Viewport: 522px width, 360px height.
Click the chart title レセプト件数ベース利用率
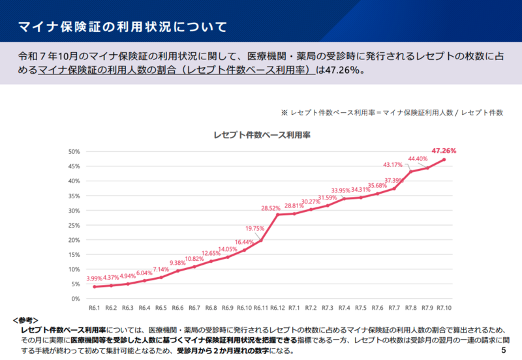[262, 135]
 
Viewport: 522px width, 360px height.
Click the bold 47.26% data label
[444, 151]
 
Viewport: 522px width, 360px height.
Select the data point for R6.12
[278, 215]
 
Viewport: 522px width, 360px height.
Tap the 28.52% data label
[271, 208]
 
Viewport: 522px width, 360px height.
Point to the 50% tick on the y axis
[74, 151]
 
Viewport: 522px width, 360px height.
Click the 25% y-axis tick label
[74, 225]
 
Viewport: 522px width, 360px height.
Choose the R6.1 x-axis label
[95, 308]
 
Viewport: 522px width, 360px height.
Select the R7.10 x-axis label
[444, 308]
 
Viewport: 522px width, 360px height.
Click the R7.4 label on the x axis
[344, 308]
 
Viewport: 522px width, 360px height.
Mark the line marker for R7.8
[411, 172]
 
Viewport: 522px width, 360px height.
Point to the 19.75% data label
[254, 228]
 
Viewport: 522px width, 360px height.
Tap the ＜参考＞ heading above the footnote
[26, 320]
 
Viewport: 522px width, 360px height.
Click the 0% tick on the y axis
[76, 299]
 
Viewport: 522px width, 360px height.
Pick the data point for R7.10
[444, 160]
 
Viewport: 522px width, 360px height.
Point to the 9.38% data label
[177, 263]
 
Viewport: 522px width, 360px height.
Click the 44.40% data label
[418, 158]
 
